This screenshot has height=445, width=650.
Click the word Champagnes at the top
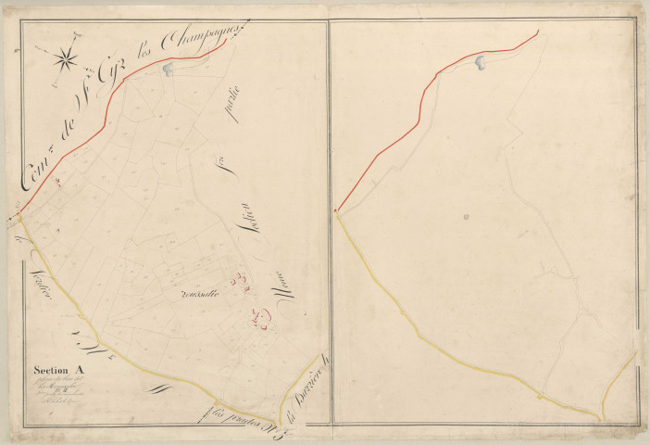pyautogui.click(x=201, y=39)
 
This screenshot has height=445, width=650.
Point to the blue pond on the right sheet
pyautogui.click(x=481, y=62)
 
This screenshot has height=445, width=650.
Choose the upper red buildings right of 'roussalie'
pyautogui.click(x=243, y=280)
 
